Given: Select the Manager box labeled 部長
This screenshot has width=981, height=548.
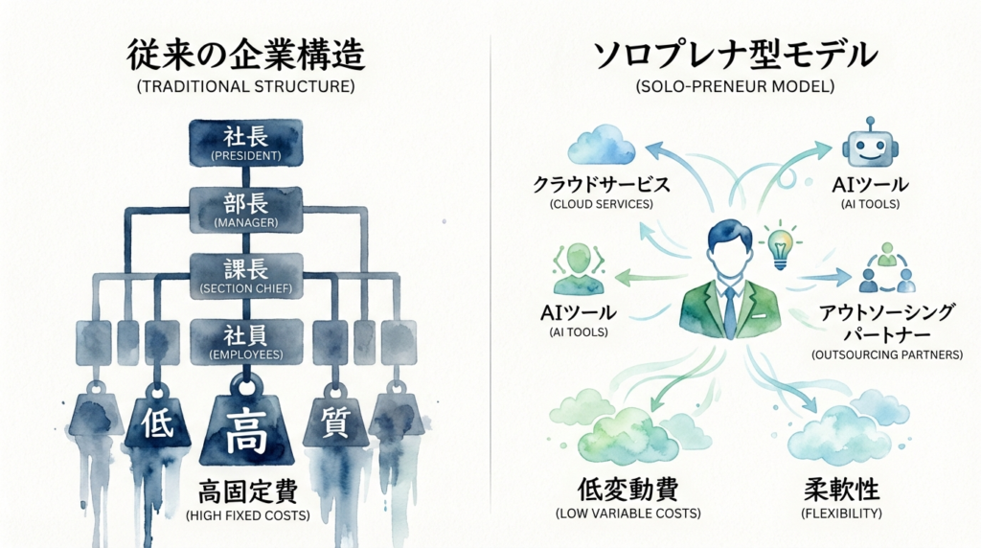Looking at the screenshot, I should (247, 209).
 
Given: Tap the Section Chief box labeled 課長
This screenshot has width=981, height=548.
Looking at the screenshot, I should (247, 275).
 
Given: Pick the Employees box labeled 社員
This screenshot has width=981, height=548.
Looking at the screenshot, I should (247, 341).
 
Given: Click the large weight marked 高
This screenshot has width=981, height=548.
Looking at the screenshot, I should (246, 431).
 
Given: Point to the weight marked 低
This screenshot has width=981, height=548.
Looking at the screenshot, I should (157, 422).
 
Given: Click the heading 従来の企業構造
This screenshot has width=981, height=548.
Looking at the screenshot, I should (246, 56).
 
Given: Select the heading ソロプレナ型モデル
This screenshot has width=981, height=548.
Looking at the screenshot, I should (735, 55).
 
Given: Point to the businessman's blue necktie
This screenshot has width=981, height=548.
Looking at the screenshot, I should (730, 307).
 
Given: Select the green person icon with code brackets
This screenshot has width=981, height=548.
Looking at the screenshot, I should (576, 270).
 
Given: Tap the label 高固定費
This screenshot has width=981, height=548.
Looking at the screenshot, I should (247, 492).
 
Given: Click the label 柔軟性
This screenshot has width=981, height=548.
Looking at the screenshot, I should (840, 491).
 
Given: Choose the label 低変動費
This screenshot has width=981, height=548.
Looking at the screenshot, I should (627, 491).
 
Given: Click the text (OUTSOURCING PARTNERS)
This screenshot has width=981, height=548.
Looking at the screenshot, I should (886, 354).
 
